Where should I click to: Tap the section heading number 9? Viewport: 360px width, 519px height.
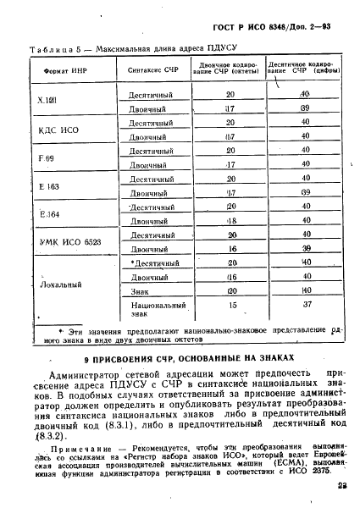pos(69,359)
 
